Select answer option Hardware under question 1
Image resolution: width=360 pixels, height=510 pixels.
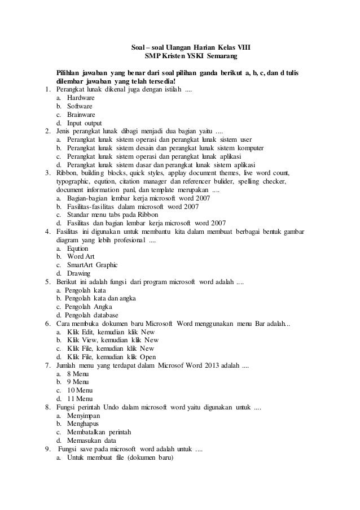[81, 98]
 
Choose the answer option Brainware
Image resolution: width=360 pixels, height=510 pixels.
[81, 114]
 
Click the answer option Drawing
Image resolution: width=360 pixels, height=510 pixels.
[78, 273]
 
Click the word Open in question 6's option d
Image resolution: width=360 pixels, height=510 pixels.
[147, 356]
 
